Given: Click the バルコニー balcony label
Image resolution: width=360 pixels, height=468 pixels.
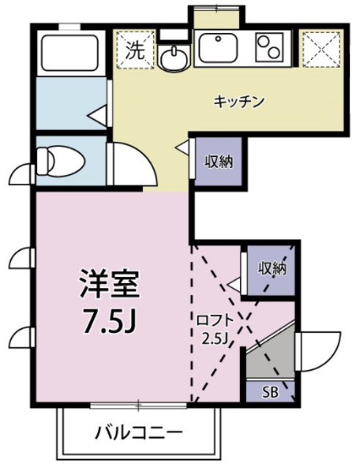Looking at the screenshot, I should [137, 432].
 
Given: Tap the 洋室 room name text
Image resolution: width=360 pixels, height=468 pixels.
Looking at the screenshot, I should [110, 284].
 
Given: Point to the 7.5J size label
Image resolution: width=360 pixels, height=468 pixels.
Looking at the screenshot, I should [110, 322].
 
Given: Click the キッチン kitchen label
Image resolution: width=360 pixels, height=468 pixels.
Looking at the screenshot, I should [239, 101].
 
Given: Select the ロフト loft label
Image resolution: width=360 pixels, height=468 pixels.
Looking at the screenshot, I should [214, 319].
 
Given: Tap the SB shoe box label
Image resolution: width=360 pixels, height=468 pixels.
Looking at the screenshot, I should [271, 392].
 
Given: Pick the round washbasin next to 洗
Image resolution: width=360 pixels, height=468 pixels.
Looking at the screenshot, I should [174, 58].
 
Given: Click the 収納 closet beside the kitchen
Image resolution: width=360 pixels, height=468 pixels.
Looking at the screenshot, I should [218, 162].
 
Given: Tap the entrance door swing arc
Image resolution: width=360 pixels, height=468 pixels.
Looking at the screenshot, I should [322, 350].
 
